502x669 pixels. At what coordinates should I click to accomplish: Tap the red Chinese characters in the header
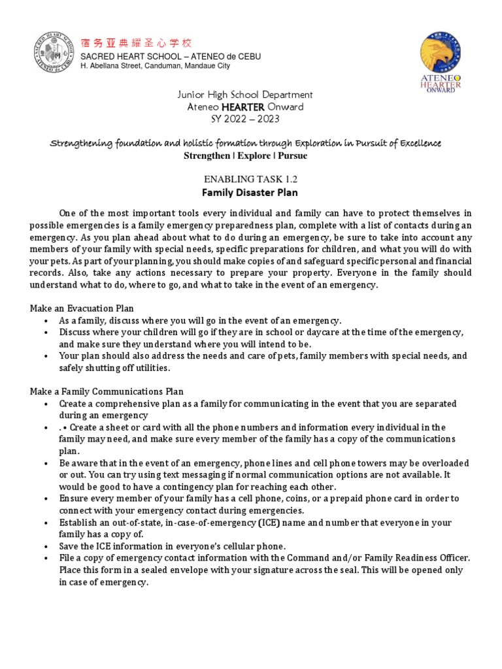pos(136,44)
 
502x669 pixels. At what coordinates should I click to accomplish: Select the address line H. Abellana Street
pos(154,66)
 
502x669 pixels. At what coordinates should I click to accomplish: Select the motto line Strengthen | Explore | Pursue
pos(236,156)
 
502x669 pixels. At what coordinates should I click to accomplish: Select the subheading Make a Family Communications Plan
pos(107,391)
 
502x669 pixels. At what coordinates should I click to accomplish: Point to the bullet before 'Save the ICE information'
pos(46,546)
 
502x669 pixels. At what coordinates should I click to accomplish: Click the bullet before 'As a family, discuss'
pos(46,321)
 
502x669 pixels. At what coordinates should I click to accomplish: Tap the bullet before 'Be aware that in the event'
pos(46,463)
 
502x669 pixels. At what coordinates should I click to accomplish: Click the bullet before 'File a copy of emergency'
pos(46,558)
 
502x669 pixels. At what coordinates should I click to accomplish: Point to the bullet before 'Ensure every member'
pos(46,498)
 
